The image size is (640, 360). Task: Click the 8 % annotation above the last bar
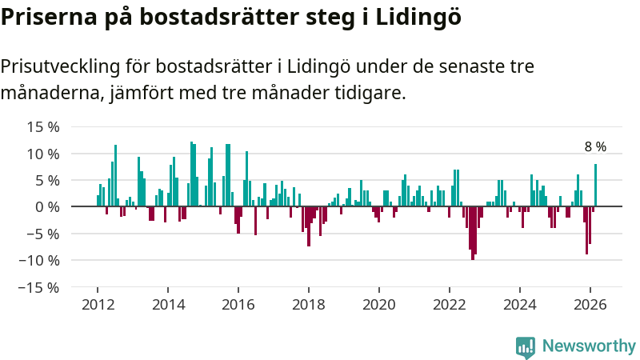595,147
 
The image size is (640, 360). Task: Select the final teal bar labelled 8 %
595,186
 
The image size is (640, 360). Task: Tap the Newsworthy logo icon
526,346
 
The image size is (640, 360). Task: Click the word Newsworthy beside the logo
589,346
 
